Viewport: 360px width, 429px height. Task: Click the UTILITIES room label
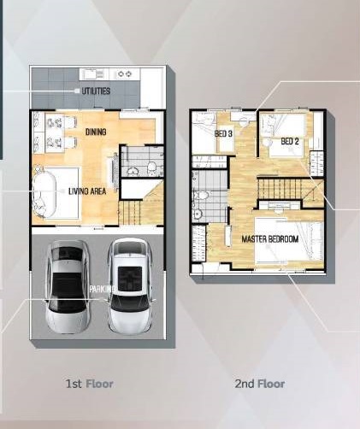(96, 91)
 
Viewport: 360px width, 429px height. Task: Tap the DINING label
(96, 132)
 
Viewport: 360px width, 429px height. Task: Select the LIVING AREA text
(87, 191)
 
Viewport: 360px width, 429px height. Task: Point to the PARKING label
(103, 289)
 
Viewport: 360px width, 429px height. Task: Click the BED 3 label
(223, 133)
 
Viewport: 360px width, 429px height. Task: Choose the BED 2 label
(290, 141)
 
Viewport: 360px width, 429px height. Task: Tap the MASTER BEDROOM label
(270, 239)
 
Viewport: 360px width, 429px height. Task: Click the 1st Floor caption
(89, 384)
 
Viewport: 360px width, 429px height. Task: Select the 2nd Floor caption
(260, 384)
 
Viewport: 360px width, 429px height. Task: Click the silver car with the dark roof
(68, 286)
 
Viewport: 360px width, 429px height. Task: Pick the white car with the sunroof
(131, 286)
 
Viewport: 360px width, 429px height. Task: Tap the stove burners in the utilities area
(125, 74)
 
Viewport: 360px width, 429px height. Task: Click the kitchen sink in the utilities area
(92, 74)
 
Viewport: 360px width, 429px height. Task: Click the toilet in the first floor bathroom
(151, 168)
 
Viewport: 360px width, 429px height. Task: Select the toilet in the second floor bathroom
(201, 196)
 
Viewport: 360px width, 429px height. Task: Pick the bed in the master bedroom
(289, 239)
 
